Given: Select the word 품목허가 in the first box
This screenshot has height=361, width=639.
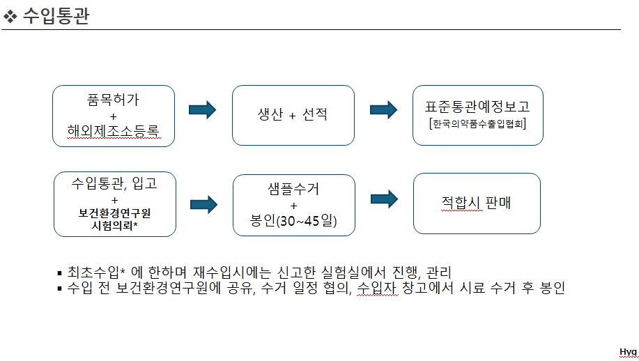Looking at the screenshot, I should point(114,100).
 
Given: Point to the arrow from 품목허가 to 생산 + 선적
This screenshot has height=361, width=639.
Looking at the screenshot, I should point(203,110).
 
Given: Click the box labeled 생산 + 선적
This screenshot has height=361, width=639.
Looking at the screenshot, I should point(293,115).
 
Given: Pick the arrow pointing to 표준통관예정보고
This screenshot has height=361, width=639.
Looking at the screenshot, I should point(383,110).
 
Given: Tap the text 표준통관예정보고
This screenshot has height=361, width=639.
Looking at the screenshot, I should point(477,107).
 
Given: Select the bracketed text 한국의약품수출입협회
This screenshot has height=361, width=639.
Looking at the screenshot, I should point(477,125).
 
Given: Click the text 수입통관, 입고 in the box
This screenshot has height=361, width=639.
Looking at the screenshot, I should point(114,185).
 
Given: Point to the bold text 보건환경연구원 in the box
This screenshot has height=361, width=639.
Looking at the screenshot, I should point(114,213).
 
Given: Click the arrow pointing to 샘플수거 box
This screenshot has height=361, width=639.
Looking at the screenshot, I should point(203,203).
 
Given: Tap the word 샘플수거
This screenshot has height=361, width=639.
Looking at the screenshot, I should point(293,190).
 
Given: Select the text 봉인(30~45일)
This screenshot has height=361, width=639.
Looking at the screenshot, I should point(293,221).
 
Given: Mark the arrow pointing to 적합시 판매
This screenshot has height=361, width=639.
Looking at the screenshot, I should point(384,200).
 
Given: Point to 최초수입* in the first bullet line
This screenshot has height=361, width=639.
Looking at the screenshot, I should point(96,272).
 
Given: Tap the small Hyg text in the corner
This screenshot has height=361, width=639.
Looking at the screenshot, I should point(628,352).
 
